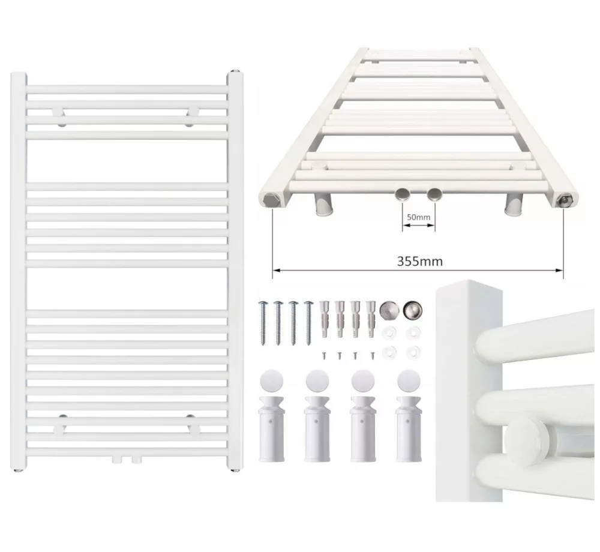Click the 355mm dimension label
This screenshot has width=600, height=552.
coord(420,261)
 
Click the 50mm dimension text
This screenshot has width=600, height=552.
coord(418,217)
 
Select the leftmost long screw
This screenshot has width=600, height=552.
coord(263,322)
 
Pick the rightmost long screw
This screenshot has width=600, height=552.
coord(308,322)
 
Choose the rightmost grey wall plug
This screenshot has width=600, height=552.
coord(370,319)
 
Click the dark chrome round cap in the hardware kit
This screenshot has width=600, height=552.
coord(413,309)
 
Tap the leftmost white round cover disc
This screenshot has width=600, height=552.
coord(271,381)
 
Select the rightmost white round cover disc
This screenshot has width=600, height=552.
coord(409,381)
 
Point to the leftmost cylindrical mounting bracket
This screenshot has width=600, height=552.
coord(271,428)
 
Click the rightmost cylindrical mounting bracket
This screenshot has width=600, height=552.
coord(409,428)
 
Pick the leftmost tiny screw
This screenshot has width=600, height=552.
coord(324,355)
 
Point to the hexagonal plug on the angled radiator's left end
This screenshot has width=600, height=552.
coord(271,200)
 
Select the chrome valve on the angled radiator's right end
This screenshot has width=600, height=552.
coord(565,199)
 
